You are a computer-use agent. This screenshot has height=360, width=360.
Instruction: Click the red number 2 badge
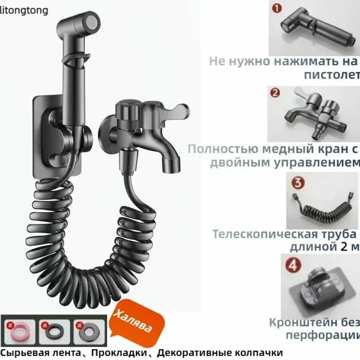(x=275, y=93)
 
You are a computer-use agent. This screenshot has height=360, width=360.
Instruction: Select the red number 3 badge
(x=298, y=183)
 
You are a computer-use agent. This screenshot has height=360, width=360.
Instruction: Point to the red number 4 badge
(x=293, y=266)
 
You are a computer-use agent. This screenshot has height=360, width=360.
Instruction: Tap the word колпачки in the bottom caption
(x=261, y=353)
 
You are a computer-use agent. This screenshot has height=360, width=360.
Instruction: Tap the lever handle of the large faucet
(x=176, y=110)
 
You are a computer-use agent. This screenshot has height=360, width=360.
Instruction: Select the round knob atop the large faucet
(x=127, y=109)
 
